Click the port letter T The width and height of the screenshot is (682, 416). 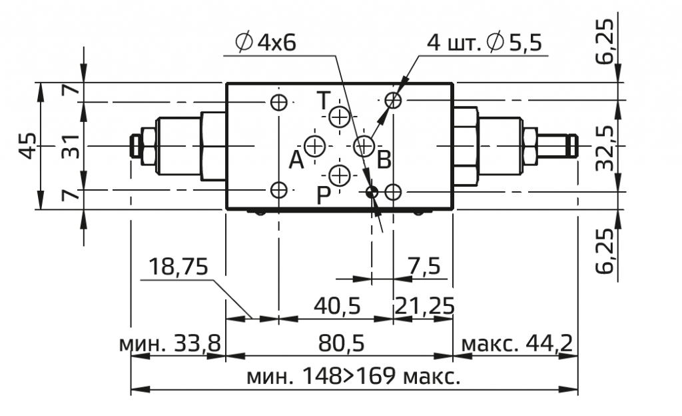tap(323, 101)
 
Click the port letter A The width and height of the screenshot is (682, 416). tap(296, 160)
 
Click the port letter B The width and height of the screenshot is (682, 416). tap(384, 159)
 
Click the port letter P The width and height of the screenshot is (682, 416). tap(323, 195)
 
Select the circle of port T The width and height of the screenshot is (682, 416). tap(339, 117)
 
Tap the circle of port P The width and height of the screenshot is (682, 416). tap(339, 176)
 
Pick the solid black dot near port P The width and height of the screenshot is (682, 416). tap(372, 191)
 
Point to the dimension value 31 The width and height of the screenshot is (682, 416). tap(70, 146)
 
